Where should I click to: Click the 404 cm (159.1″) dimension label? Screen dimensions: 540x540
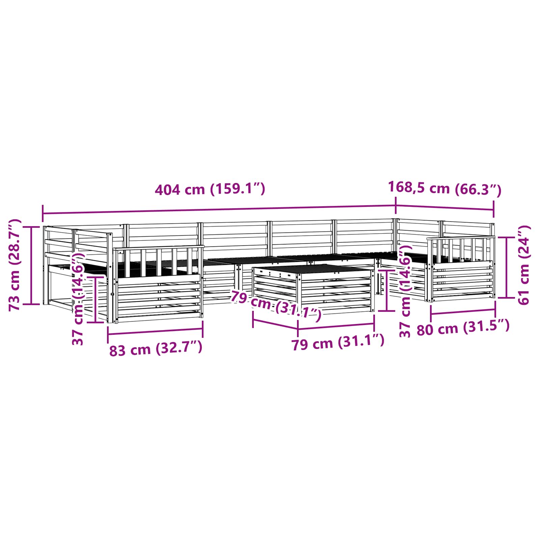(210, 189)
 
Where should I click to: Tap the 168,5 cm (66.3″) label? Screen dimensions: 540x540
(445, 188)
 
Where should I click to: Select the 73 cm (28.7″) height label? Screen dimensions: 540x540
(15, 265)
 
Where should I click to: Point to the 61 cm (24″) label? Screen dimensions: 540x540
(523, 265)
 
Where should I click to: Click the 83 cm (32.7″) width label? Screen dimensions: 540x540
(156, 349)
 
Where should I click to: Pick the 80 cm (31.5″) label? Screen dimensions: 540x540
(463, 327)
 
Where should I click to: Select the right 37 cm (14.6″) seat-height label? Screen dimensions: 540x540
(405, 292)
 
